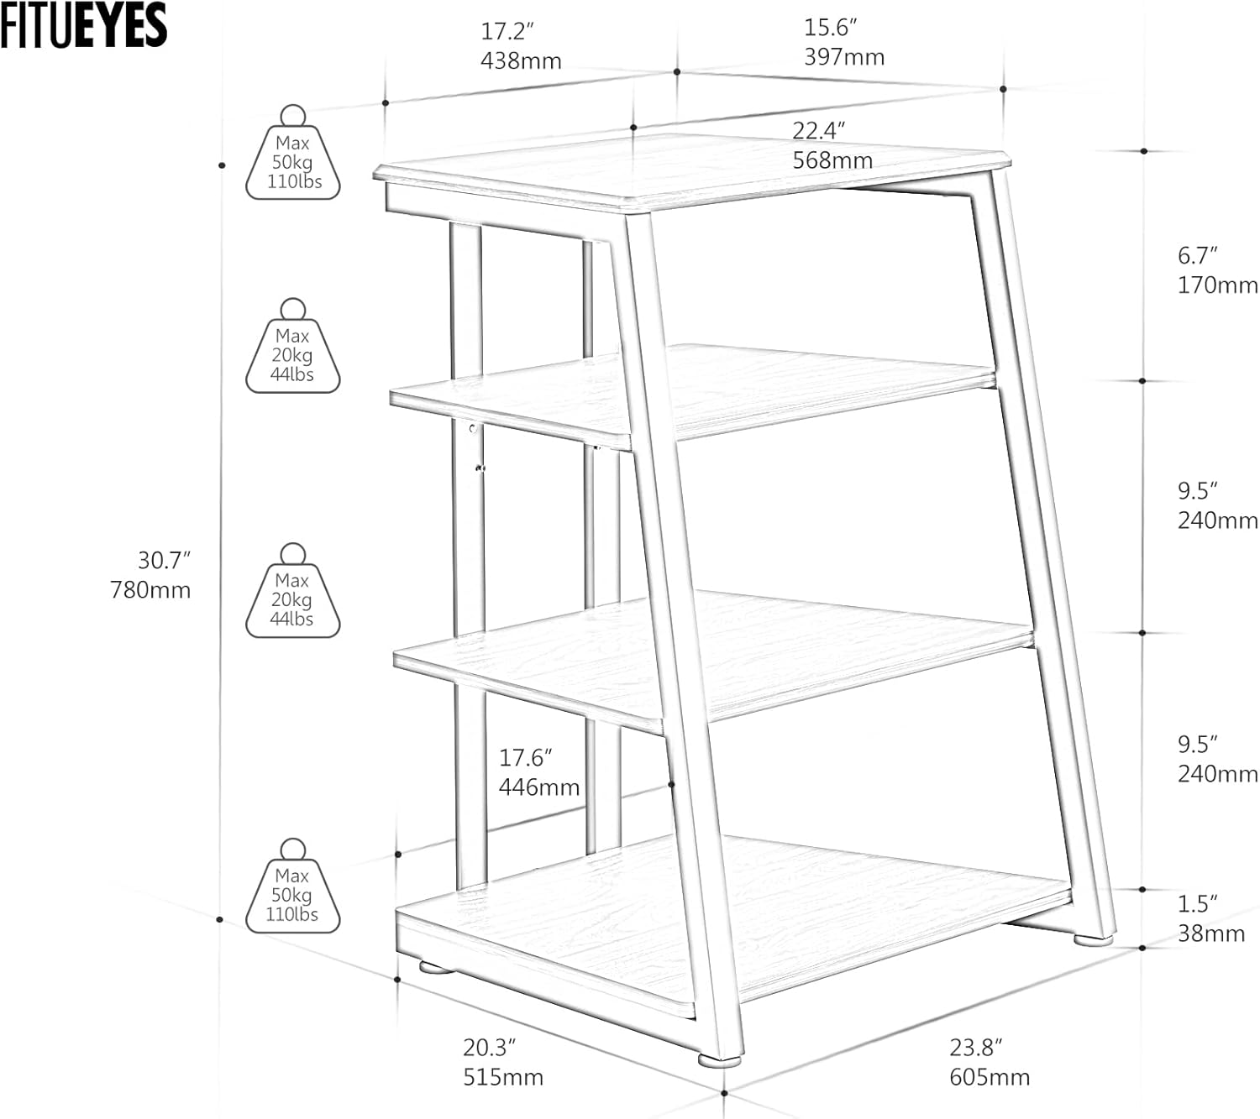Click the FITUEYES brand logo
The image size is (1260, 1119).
tap(83, 25)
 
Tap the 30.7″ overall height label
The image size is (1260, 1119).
tap(164, 560)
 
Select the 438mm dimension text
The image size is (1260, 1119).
tap(521, 61)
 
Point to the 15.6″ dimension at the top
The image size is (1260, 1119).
tap(830, 28)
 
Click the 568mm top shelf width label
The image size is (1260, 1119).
tap(832, 160)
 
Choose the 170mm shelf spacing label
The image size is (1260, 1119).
tap(1217, 285)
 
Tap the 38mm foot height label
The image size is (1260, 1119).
tap(1210, 933)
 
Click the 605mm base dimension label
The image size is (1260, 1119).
tap(990, 1077)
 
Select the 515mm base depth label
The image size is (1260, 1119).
tap(503, 1077)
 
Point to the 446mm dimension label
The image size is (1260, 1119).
tap(539, 787)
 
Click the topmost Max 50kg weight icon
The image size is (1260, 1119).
tap(292, 154)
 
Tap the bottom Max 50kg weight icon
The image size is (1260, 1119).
tap(292, 887)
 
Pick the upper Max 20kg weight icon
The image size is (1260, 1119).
tap(292, 348)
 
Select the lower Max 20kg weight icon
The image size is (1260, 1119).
tap(292, 593)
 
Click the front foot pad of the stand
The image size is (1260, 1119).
tap(720, 1059)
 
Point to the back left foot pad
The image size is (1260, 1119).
tap(437, 967)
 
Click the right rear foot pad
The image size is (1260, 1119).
tap(1092, 940)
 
